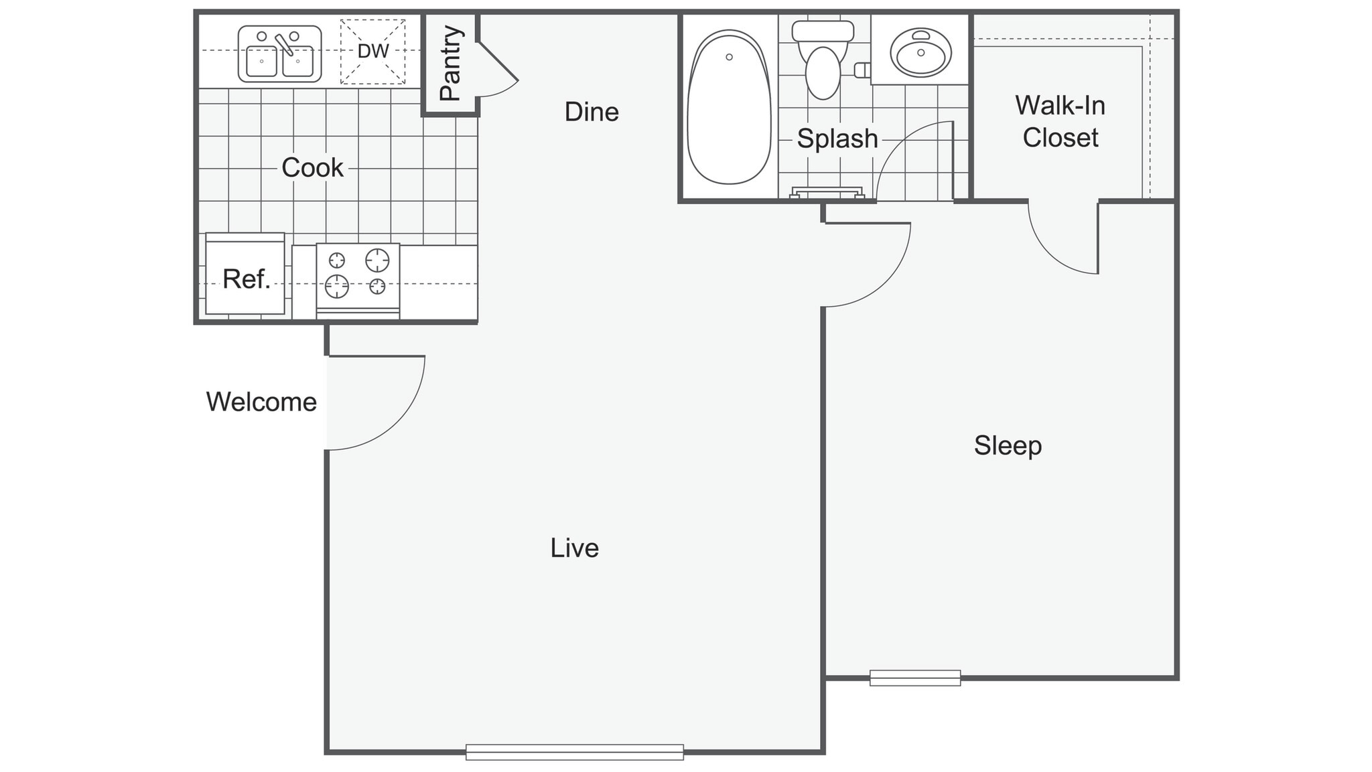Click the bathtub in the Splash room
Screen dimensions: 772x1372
click(x=729, y=107)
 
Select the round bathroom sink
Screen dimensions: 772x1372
click(x=920, y=53)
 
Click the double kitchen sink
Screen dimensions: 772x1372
click(x=279, y=54)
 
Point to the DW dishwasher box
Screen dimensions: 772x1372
click(x=372, y=52)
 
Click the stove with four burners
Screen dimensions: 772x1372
click(x=358, y=277)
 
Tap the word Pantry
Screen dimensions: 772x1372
click(x=450, y=63)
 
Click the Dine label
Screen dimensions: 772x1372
click(x=592, y=112)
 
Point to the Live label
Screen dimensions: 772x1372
click(x=574, y=548)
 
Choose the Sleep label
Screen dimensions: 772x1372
click(x=1008, y=445)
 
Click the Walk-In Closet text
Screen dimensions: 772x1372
click(x=1060, y=121)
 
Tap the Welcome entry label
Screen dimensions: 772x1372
click(x=261, y=402)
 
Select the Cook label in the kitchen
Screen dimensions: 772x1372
click(x=312, y=167)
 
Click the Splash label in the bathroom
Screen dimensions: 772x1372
click(x=837, y=139)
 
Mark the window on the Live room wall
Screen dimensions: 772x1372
click(x=574, y=752)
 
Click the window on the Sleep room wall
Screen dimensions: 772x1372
click(x=915, y=678)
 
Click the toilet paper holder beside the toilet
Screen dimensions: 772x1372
click(x=862, y=70)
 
